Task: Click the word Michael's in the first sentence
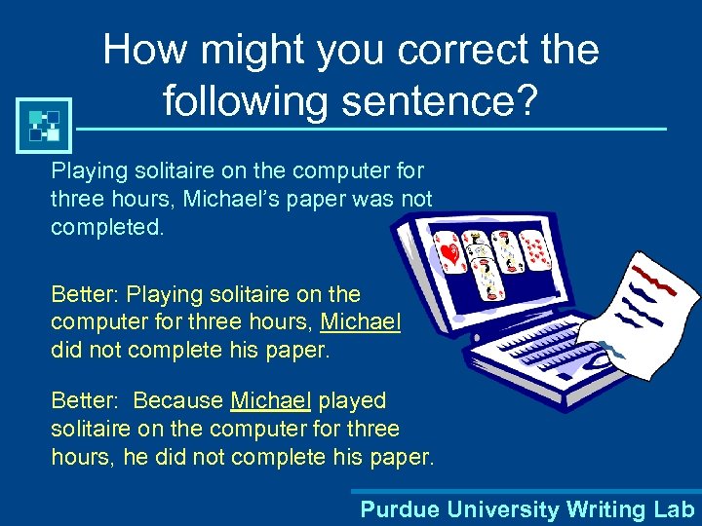(259, 199)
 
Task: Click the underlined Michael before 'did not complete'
(361, 322)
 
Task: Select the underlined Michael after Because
(271, 400)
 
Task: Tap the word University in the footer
(499, 508)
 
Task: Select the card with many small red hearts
(535, 252)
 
